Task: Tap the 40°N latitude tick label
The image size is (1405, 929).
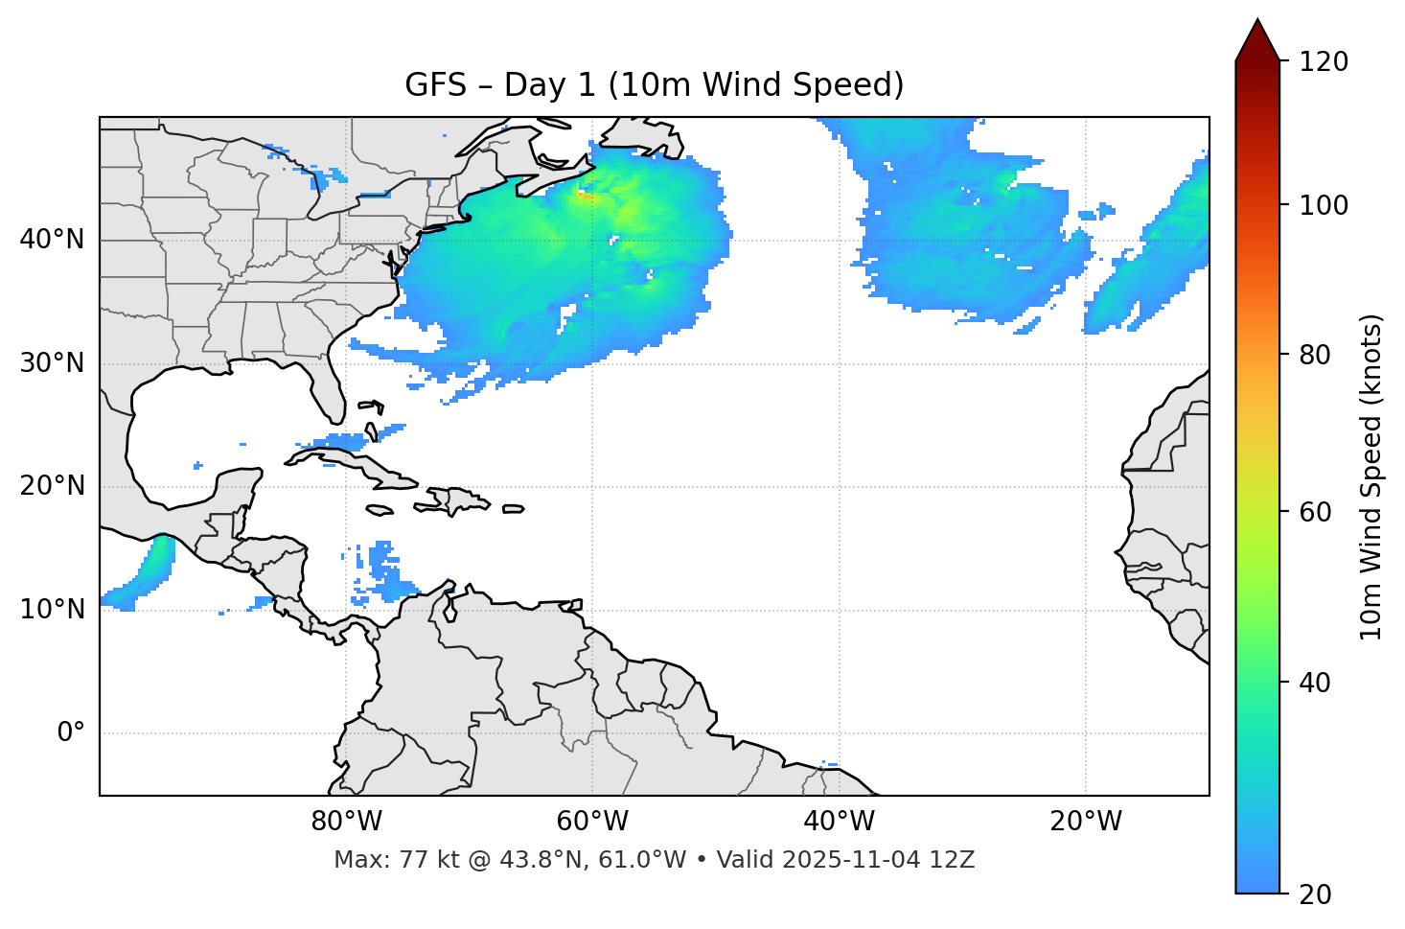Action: (x=52, y=240)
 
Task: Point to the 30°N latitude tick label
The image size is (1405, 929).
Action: (x=52, y=363)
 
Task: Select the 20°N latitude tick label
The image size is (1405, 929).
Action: (x=52, y=486)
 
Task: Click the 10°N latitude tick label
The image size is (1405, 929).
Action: (x=52, y=610)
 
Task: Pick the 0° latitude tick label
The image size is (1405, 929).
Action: (x=71, y=733)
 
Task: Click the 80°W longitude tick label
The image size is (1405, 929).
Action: (x=346, y=822)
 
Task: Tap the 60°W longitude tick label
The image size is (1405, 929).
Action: (x=592, y=822)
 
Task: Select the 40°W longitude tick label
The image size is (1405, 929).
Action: (x=839, y=822)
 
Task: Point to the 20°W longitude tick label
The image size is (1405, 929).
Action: (x=1085, y=822)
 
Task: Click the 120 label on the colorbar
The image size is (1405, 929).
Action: (x=1324, y=61)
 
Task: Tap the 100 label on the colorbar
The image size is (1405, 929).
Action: (x=1324, y=205)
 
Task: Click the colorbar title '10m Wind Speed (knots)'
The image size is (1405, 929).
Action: (x=1371, y=476)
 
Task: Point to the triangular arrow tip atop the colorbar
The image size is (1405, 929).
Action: (x=1257, y=38)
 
